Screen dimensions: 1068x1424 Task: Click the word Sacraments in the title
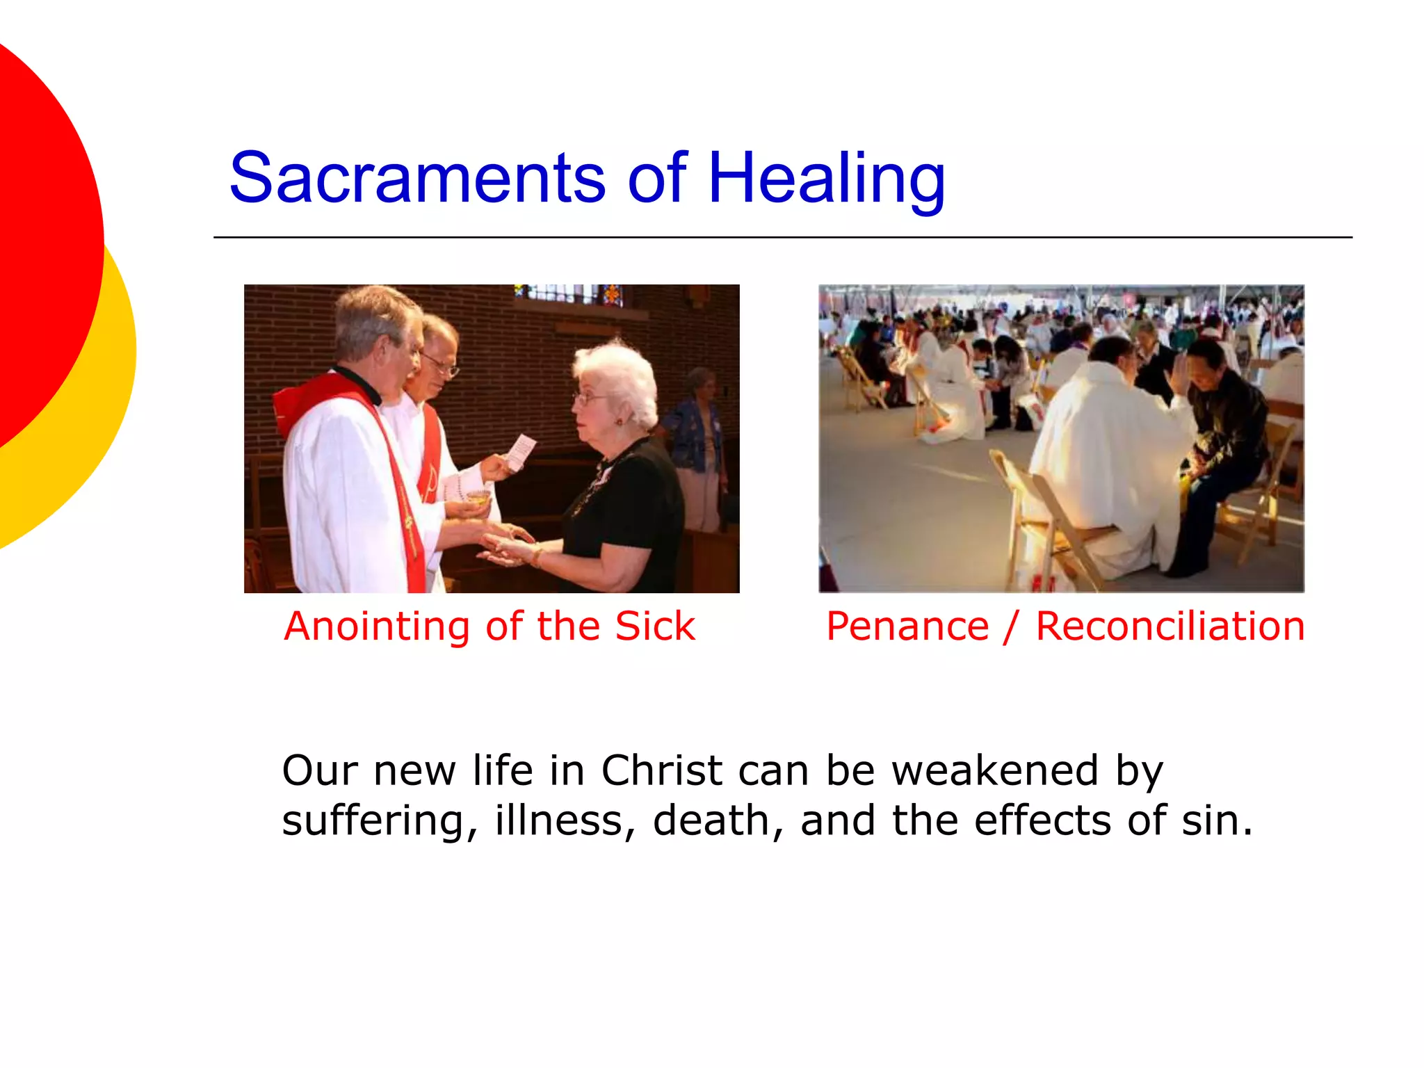[417, 179]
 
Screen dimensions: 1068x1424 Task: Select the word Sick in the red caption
[655, 626]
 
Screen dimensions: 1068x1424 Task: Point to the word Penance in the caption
[907, 626]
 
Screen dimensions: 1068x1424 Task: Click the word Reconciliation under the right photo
[1170, 626]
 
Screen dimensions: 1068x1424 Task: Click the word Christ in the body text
[661, 771]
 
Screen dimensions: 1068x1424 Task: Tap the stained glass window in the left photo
[570, 295]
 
